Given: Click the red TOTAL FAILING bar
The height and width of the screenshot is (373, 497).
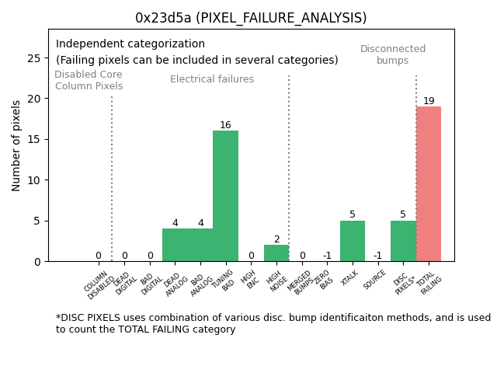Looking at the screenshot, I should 429,183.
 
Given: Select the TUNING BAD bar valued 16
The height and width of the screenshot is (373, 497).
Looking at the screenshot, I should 225,196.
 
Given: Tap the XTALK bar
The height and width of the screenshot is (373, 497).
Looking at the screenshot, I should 353,241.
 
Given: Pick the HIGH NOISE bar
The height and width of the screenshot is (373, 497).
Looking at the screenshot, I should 276,253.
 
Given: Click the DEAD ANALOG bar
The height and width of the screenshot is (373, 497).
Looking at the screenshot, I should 175,245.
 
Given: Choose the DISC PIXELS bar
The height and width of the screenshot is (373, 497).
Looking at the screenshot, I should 403,241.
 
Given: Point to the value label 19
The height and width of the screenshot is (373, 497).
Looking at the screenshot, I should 429,101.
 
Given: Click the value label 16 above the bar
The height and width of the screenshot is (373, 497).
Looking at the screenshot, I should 225,125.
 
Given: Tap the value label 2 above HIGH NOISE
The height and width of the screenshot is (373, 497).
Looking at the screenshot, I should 276,239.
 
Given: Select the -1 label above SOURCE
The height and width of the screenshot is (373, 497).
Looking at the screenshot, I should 377,256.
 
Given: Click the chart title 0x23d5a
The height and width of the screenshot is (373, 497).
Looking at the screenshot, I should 251,18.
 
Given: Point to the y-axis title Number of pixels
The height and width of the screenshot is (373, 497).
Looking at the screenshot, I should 17,145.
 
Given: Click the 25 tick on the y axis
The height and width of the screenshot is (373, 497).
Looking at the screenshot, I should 35,58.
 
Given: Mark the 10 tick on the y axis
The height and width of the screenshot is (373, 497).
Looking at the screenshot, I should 35,180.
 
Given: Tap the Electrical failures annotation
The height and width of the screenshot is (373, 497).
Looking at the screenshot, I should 212,79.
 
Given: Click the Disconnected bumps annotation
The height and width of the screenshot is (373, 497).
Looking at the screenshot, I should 393,54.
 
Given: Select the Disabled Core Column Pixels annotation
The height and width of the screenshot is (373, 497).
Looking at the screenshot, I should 89,80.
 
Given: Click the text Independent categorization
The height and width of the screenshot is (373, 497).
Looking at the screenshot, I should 130,44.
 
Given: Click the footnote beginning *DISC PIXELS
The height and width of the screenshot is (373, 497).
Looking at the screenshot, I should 273,323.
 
